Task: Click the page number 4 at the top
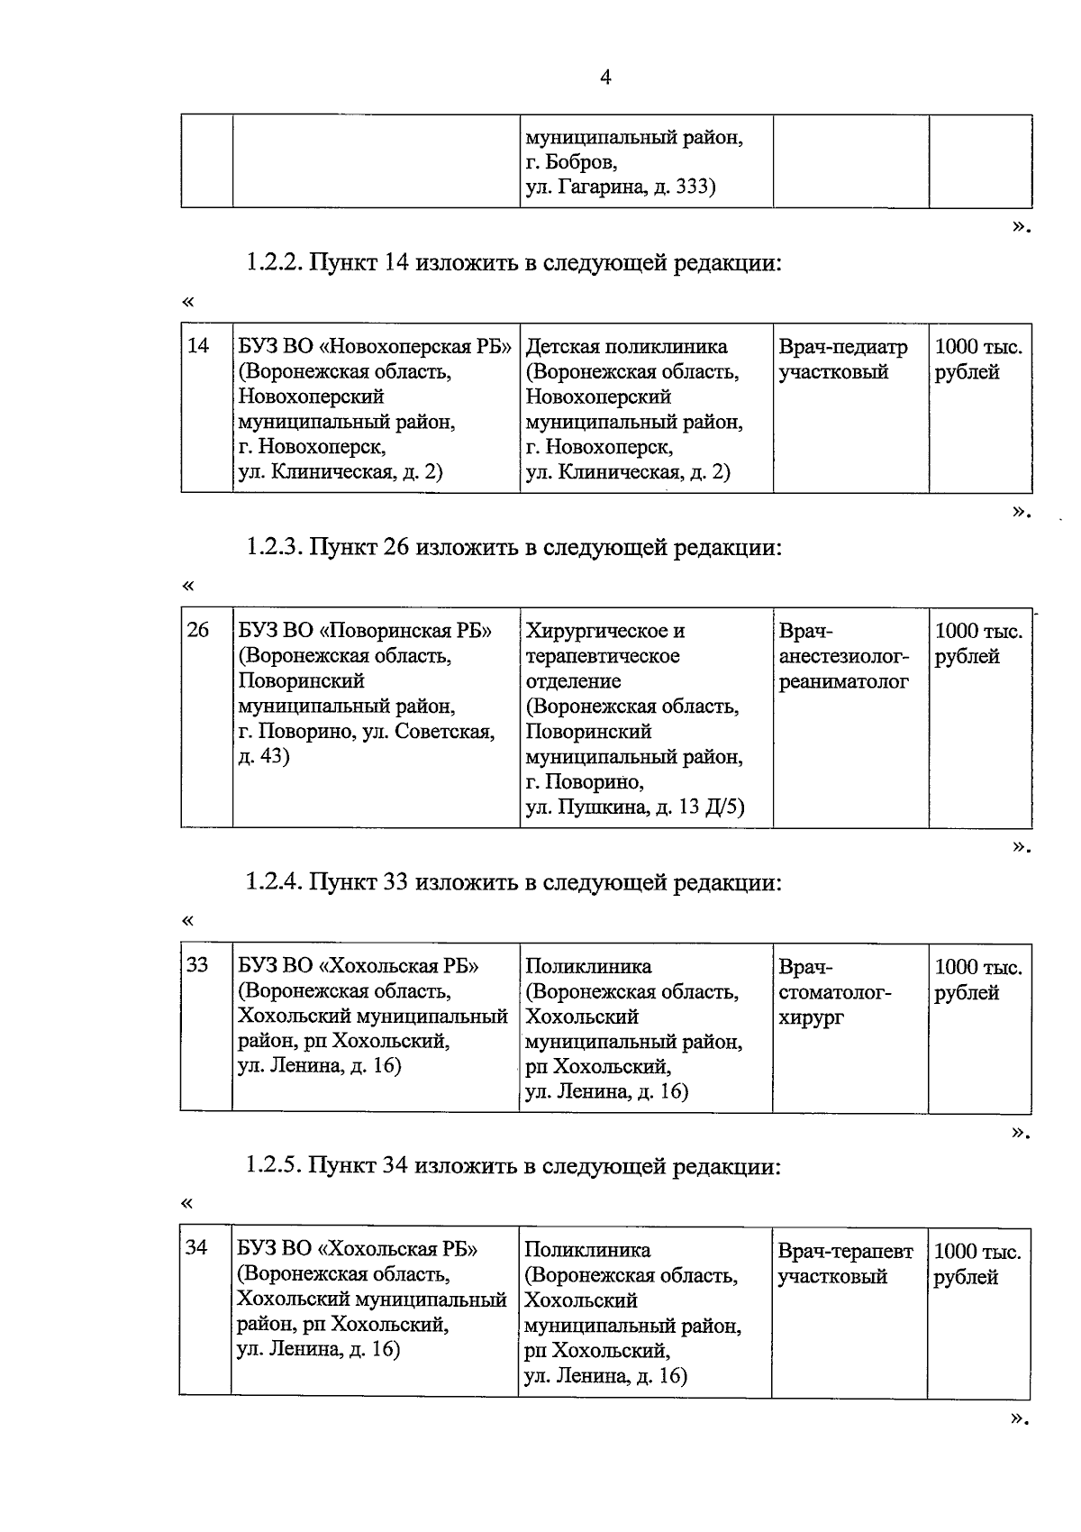click(x=605, y=78)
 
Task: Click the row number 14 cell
click(x=198, y=346)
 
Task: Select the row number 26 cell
click(x=198, y=630)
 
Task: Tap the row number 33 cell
click(x=197, y=965)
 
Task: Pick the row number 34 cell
click(x=196, y=1248)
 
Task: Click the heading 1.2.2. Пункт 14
click(x=513, y=263)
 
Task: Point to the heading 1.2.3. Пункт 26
click(x=513, y=547)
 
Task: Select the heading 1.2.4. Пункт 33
click(x=513, y=882)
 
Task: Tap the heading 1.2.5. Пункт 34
click(x=513, y=1166)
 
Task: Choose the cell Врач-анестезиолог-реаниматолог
click(x=844, y=656)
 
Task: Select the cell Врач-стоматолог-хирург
click(x=835, y=991)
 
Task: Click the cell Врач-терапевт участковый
click(x=845, y=1263)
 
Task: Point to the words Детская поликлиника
click(x=627, y=347)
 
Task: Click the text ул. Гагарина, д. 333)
click(x=621, y=188)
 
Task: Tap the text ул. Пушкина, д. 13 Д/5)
click(x=635, y=807)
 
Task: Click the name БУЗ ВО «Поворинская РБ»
click(x=366, y=630)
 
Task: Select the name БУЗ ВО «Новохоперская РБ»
click(x=375, y=347)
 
